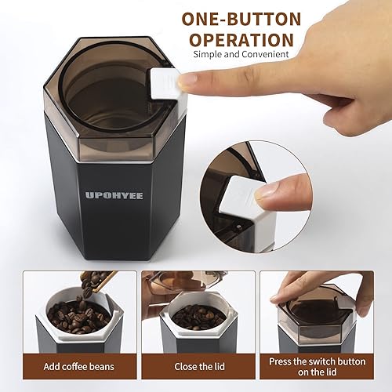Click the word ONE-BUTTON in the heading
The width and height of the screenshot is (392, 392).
pos(241,19)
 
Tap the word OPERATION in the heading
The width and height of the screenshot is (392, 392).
pos(241,40)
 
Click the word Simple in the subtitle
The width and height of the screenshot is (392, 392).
pos(208,54)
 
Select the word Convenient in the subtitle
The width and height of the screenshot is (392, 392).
pos(265,54)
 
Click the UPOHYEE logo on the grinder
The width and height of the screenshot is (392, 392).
pos(114,195)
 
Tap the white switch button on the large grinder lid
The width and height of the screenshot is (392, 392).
pos(165,83)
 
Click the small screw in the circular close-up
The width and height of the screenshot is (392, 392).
pos(238,227)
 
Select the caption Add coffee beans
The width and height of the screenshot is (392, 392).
pos(79,366)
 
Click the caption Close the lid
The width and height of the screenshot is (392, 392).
pos(199,366)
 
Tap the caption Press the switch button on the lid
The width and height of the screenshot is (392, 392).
pos(317,366)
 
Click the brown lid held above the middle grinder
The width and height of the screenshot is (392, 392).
pos(186,280)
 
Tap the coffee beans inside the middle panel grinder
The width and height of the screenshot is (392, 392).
pos(199,317)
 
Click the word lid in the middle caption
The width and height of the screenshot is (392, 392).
pos(219,366)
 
